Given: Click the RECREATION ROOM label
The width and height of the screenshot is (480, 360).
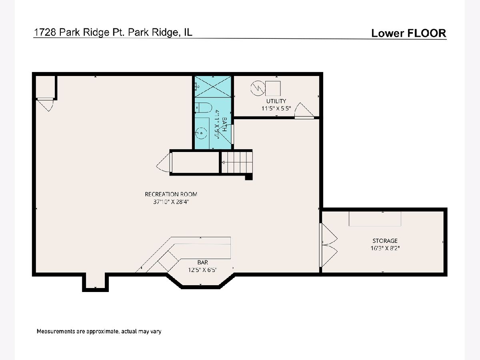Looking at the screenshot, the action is (171, 194).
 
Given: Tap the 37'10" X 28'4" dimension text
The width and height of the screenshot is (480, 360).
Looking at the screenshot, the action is (171, 202).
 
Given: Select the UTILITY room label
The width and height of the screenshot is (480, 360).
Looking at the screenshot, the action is (276, 101).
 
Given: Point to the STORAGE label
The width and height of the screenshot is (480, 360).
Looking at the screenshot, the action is (385, 241).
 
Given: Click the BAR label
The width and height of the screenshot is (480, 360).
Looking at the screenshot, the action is (203, 262).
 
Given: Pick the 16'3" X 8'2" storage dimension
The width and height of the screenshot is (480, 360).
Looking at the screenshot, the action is (385, 248).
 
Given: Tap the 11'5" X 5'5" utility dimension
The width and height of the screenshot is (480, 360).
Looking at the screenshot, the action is (276, 108).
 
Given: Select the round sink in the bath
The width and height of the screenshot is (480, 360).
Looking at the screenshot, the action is (201, 133).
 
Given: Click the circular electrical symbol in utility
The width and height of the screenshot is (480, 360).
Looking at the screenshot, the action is (258, 88).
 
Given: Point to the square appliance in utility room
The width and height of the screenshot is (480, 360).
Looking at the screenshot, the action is (273, 88).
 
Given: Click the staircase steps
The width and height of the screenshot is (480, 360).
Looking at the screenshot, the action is (237, 162).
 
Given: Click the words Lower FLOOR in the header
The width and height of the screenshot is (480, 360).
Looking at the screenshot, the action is (409, 33).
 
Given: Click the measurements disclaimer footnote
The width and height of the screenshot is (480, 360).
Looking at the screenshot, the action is (99, 331).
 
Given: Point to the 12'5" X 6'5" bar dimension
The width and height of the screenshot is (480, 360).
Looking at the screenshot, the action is (202, 270).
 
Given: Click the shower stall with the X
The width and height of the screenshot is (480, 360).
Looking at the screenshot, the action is (213, 86).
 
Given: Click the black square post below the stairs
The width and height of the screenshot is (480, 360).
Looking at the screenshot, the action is (249, 177).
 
